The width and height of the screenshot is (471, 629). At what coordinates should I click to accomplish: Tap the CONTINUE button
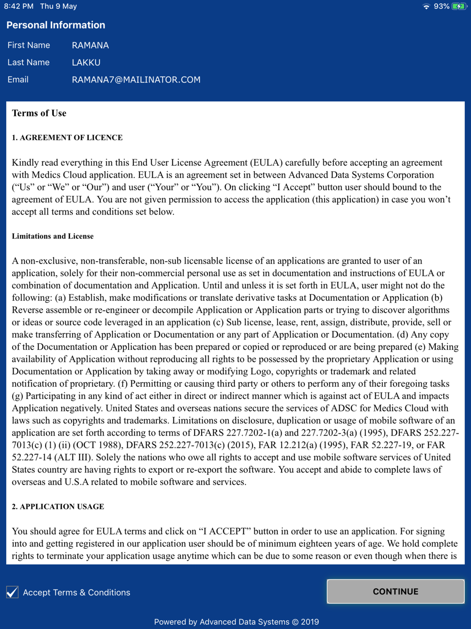tap(395, 591)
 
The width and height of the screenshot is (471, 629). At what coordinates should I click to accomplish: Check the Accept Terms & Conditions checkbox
tap(13, 592)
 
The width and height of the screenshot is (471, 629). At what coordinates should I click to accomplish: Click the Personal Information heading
tap(56, 25)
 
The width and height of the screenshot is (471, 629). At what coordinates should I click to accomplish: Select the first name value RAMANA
tap(90, 45)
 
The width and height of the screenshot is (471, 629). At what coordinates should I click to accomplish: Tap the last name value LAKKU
tap(86, 62)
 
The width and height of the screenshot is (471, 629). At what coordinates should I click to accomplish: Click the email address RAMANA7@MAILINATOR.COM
tap(136, 80)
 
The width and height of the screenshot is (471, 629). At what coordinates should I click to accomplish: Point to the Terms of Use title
tap(39, 113)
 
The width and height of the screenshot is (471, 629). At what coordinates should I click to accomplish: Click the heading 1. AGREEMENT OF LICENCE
tap(67, 138)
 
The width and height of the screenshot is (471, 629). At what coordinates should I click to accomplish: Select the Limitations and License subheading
tap(52, 236)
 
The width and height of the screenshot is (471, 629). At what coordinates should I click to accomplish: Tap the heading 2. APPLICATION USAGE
tap(57, 506)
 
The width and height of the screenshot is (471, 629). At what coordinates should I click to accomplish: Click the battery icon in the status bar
tap(458, 6)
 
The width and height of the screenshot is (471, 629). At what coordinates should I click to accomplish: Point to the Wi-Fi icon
tap(426, 6)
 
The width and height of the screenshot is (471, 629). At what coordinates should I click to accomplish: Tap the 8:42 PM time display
tap(18, 6)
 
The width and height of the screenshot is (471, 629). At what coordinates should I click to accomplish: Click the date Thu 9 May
tap(58, 6)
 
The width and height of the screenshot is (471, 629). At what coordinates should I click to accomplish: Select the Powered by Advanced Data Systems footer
tap(236, 622)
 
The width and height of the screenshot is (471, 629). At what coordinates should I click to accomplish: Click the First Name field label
tap(28, 45)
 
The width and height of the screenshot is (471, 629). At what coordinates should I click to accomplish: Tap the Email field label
tap(18, 80)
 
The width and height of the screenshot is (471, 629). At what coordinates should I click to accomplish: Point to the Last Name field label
tap(28, 62)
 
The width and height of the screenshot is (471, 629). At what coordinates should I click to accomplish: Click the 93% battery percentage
tap(441, 6)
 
